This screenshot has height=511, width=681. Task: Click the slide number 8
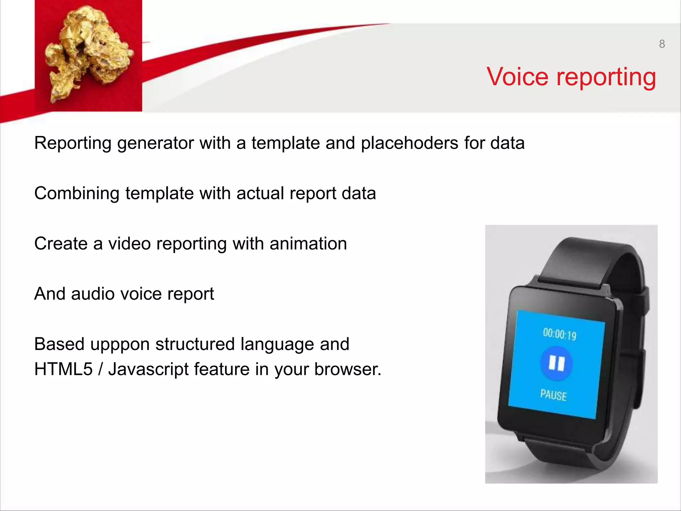[x=662, y=44]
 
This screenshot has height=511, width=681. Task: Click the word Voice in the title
[x=517, y=77]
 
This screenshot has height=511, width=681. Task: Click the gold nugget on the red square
[x=88, y=53]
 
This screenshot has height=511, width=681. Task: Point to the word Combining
[x=77, y=194]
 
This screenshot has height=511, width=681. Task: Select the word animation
[x=308, y=244]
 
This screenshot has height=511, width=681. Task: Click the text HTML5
[x=63, y=369]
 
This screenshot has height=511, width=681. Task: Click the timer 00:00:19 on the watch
[x=559, y=334]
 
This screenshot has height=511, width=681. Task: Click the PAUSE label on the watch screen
[x=553, y=395]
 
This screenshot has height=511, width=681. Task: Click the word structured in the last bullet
[x=195, y=344]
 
